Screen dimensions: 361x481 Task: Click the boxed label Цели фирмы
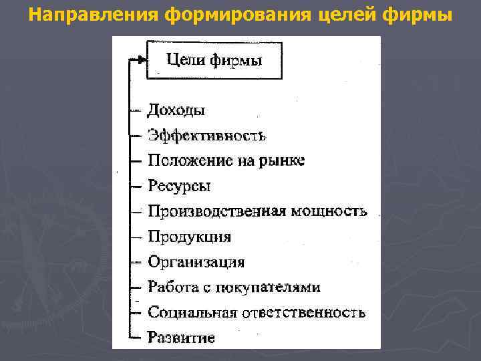[x=214, y=60]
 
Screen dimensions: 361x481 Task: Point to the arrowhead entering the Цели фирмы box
[x=141, y=59]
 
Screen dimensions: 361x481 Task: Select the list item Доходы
[x=176, y=110]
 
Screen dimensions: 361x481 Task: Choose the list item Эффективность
[x=207, y=136]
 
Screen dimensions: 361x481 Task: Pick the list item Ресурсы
[x=179, y=186]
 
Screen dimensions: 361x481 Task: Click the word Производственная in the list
[x=216, y=211]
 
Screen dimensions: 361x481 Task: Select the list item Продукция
[x=190, y=237]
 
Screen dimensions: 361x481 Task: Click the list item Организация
[x=196, y=262]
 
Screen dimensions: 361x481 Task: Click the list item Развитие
[x=181, y=338]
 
